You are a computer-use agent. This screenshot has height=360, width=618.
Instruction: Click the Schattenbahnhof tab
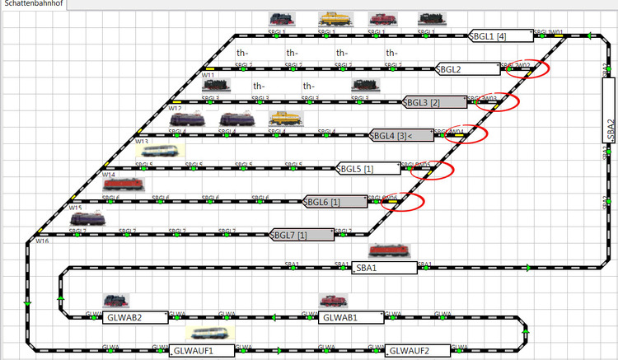point(34,5)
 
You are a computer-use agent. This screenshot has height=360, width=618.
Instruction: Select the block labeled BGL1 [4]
point(499,36)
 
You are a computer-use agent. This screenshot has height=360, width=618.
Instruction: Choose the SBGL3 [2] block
point(434,103)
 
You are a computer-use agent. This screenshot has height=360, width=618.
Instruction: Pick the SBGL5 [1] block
point(368,169)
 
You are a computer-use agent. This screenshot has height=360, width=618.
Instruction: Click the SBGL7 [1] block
point(302,235)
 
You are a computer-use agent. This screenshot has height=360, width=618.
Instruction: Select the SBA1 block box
point(383,268)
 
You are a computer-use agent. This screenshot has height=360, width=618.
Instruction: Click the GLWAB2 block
point(135,317)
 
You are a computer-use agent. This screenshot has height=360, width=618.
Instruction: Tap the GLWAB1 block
point(351,317)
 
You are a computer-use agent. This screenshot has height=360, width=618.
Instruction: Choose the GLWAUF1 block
point(202,350)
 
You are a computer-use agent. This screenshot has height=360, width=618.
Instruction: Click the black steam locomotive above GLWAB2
point(116,302)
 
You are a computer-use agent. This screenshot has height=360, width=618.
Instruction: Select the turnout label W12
point(175,109)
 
